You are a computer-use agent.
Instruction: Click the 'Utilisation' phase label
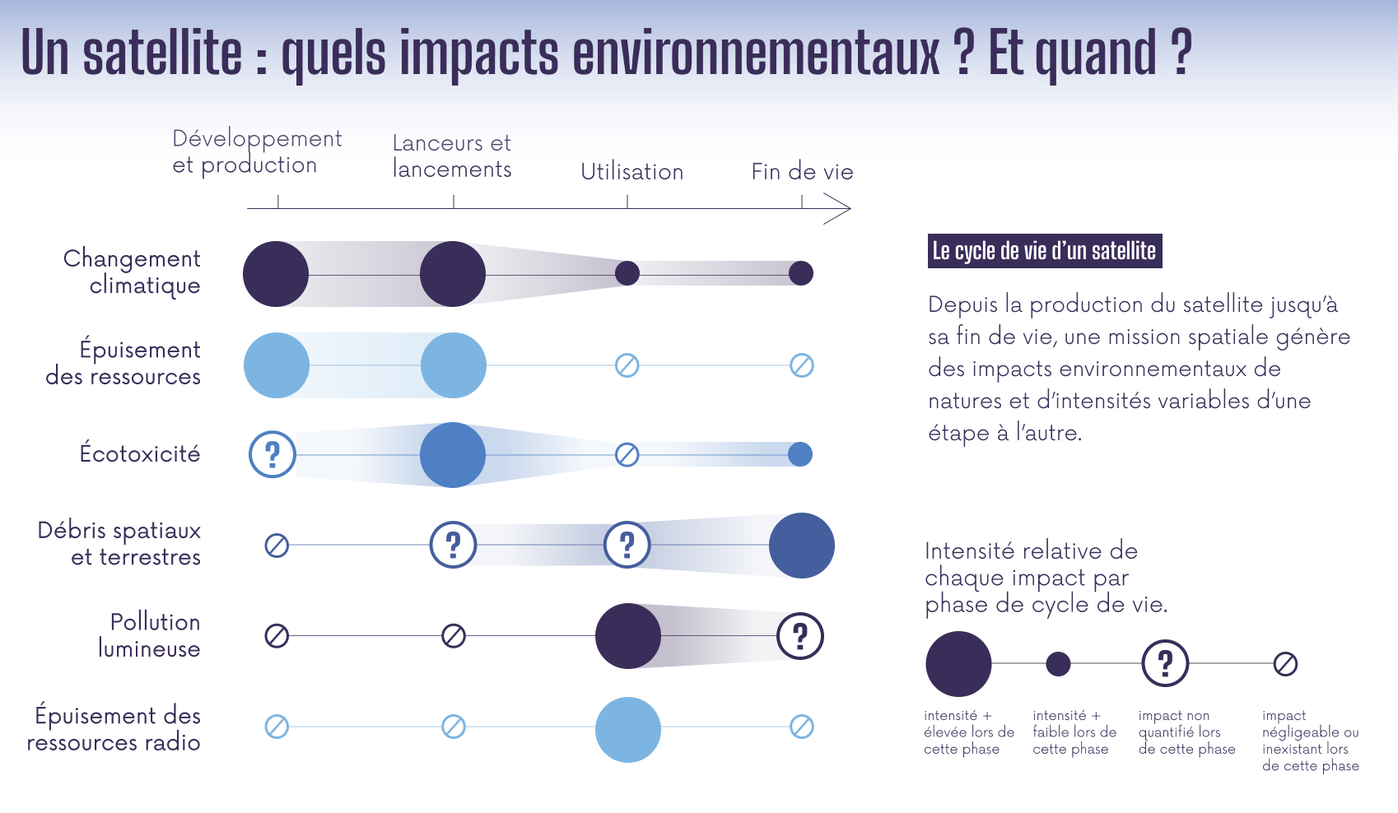[631, 172]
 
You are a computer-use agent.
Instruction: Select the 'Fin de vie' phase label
[801, 172]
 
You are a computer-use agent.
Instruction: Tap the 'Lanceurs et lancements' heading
[451, 156]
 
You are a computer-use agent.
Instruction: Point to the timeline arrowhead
[838, 209]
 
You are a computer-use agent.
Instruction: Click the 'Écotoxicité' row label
[139, 453]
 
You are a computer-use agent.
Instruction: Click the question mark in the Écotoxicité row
[273, 454]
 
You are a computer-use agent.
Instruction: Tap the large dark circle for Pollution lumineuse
[627, 636]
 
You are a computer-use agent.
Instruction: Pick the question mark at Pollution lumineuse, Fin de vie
[799, 636]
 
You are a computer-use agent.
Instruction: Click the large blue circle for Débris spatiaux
[801, 545]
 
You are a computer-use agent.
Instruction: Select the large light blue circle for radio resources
[627, 729]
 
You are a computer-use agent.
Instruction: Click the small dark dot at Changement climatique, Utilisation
[627, 273]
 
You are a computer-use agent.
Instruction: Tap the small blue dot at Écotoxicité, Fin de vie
[799, 454]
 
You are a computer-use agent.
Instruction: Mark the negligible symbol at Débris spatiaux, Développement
[277, 545]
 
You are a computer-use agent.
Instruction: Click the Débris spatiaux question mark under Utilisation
[627, 545]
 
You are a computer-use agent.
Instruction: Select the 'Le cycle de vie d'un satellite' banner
[1044, 251]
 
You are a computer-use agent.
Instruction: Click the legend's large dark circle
[958, 663]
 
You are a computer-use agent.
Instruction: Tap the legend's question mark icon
[1164, 663]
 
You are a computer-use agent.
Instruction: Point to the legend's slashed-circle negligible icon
[1285, 663]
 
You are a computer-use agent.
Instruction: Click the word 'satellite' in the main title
[162, 53]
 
